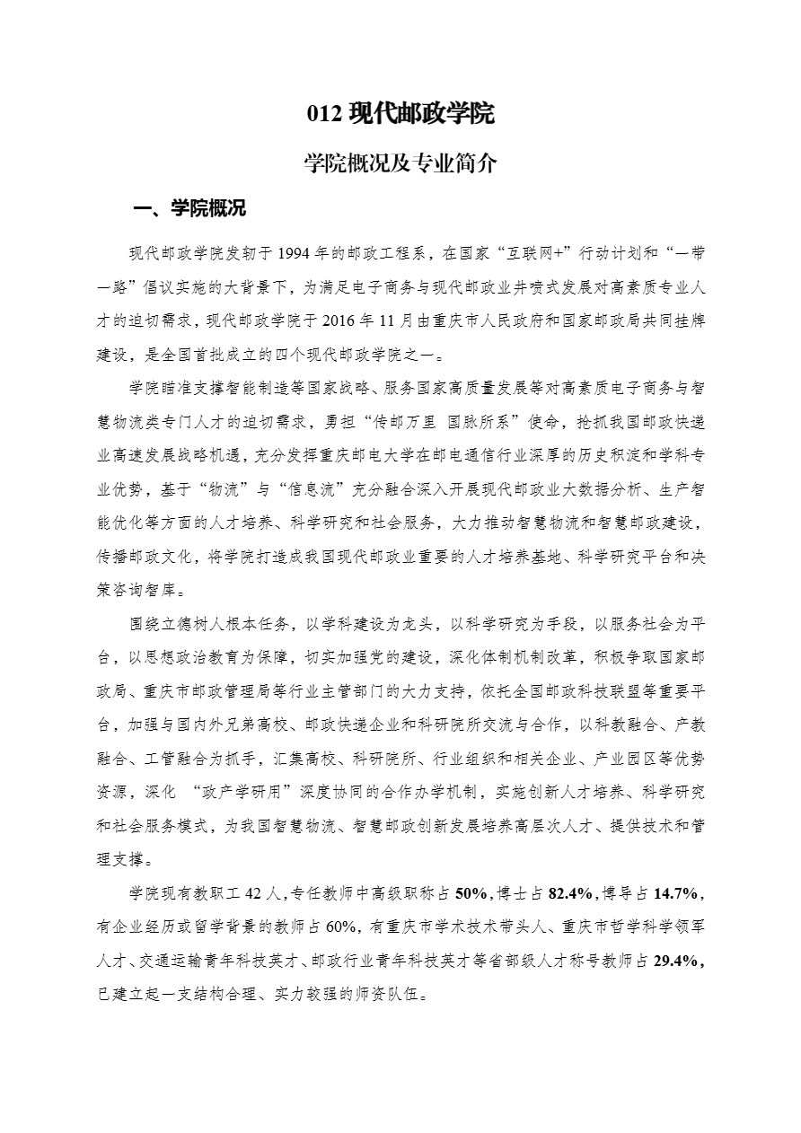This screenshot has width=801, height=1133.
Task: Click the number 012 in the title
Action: click(323, 114)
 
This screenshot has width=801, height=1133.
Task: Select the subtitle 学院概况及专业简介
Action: click(400, 164)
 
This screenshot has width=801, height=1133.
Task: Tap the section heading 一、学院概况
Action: click(189, 210)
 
